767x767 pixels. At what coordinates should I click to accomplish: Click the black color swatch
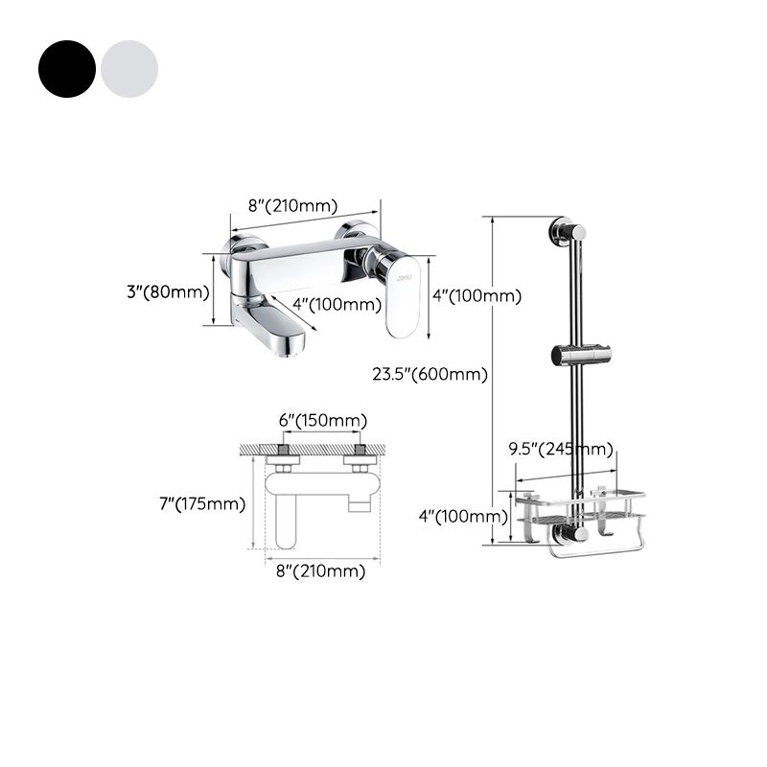pyautogui.click(x=67, y=68)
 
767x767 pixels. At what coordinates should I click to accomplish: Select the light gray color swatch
pyautogui.click(x=129, y=68)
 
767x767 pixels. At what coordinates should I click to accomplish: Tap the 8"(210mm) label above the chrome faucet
pyautogui.click(x=293, y=205)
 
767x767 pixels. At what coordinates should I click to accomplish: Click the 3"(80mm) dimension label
pyautogui.click(x=168, y=291)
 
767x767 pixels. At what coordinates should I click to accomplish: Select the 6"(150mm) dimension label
pyautogui.click(x=322, y=421)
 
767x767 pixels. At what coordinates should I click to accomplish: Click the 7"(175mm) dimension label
pyautogui.click(x=202, y=503)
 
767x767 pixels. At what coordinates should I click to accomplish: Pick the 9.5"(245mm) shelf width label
pyautogui.click(x=561, y=449)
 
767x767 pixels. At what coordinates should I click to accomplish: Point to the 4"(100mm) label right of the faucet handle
pyautogui.click(x=476, y=296)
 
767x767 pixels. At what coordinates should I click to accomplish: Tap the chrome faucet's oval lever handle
pyautogui.click(x=403, y=295)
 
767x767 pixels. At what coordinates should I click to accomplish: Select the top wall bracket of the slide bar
pyautogui.click(x=567, y=231)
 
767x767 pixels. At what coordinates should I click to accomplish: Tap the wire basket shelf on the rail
pyautogui.click(x=579, y=508)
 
